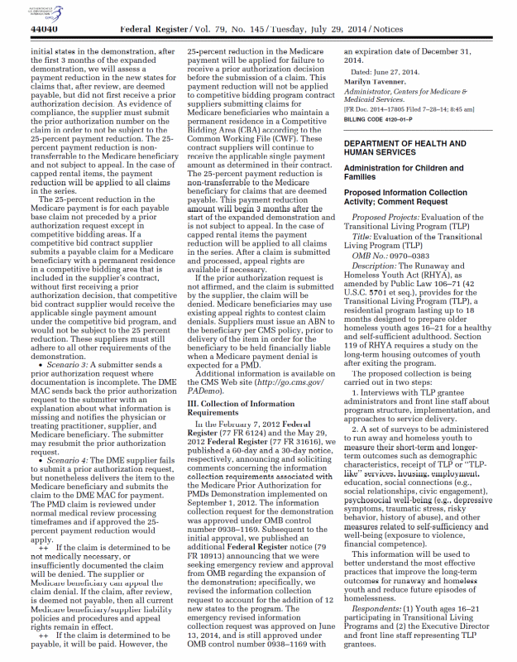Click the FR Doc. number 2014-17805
click(x=389, y=108)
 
